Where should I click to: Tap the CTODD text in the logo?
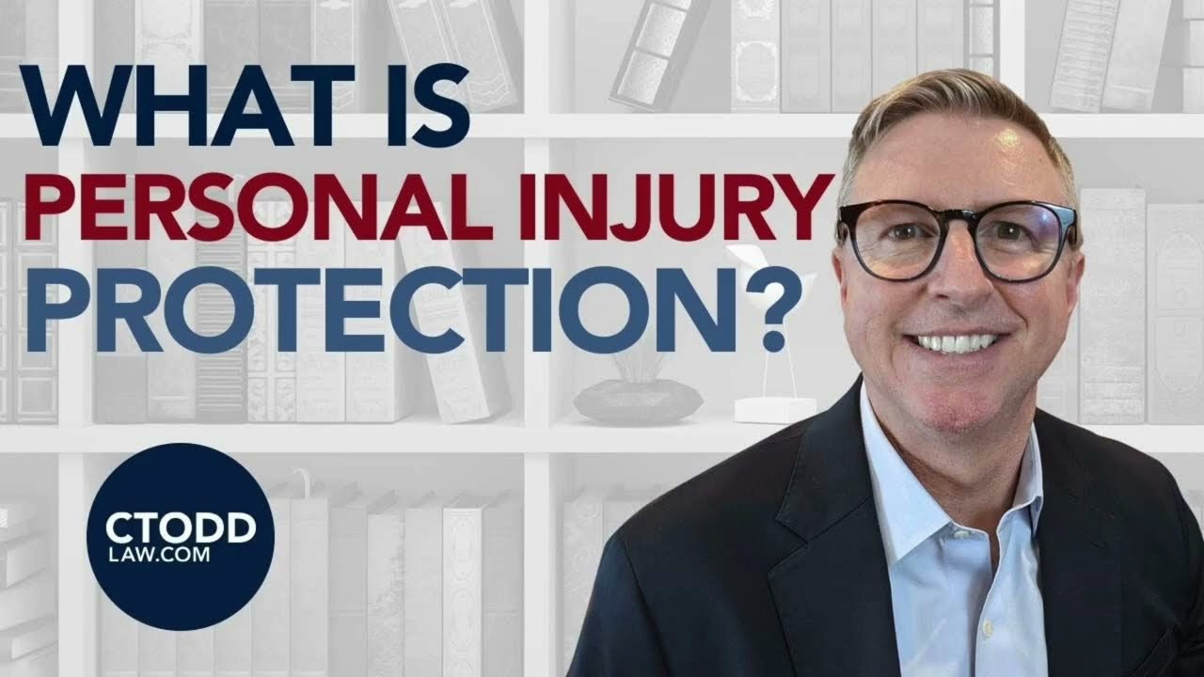point(181,528)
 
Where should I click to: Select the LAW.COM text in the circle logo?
point(161,557)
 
